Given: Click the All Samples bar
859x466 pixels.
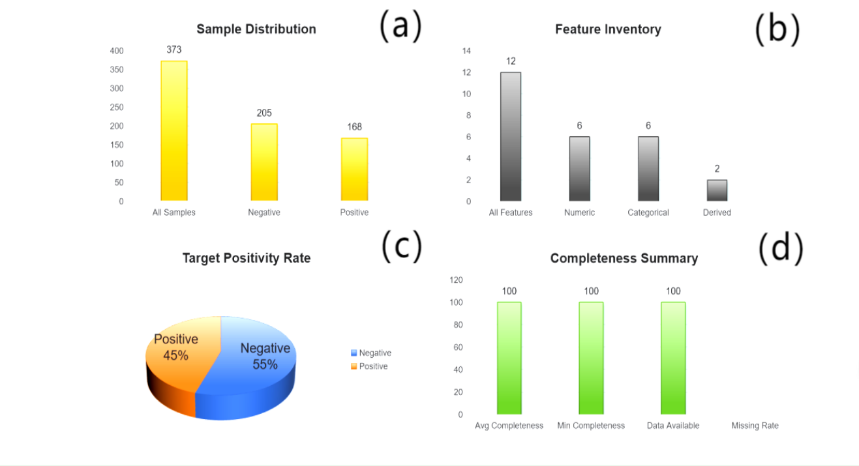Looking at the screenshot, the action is [x=174, y=131].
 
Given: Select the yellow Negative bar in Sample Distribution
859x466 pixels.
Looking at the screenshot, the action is [x=264, y=162].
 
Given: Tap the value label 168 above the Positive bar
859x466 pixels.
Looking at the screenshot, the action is [x=354, y=127].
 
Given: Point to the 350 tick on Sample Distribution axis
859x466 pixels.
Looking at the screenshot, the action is [x=117, y=70].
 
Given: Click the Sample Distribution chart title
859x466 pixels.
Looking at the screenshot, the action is [x=256, y=29].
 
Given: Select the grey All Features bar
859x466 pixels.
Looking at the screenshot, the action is [x=511, y=136].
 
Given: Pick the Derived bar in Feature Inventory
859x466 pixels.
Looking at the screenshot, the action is [x=717, y=190].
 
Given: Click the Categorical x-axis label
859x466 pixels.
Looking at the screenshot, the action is [x=648, y=212].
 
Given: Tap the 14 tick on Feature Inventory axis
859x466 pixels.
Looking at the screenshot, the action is [x=466, y=51].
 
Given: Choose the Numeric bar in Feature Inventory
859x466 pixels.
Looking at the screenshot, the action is [x=579, y=169].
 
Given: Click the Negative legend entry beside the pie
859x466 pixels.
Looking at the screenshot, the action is [x=371, y=353].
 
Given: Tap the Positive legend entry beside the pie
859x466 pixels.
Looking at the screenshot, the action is [x=369, y=366].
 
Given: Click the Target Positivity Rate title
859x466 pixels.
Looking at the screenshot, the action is [x=246, y=258].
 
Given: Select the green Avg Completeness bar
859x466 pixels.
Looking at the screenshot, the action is [x=509, y=358].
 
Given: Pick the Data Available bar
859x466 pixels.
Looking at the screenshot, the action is [x=673, y=358].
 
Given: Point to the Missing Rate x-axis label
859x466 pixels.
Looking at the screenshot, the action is [x=755, y=426].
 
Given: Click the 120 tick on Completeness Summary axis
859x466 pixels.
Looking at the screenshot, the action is [x=456, y=280].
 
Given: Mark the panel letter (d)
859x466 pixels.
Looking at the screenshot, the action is [x=781, y=248].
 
